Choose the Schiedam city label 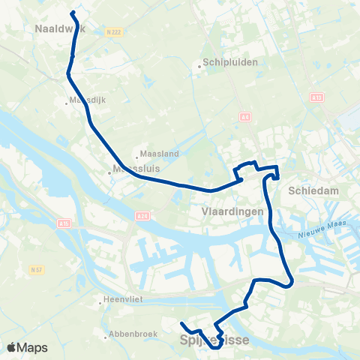(x=313, y=191)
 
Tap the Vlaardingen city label (x=232, y=212)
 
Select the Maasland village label (x=160, y=154)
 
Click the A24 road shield (x=142, y=216)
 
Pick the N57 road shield (x=36, y=269)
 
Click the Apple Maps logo (x=27, y=347)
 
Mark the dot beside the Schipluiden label (x=199, y=66)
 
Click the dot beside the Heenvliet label (x=100, y=304)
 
